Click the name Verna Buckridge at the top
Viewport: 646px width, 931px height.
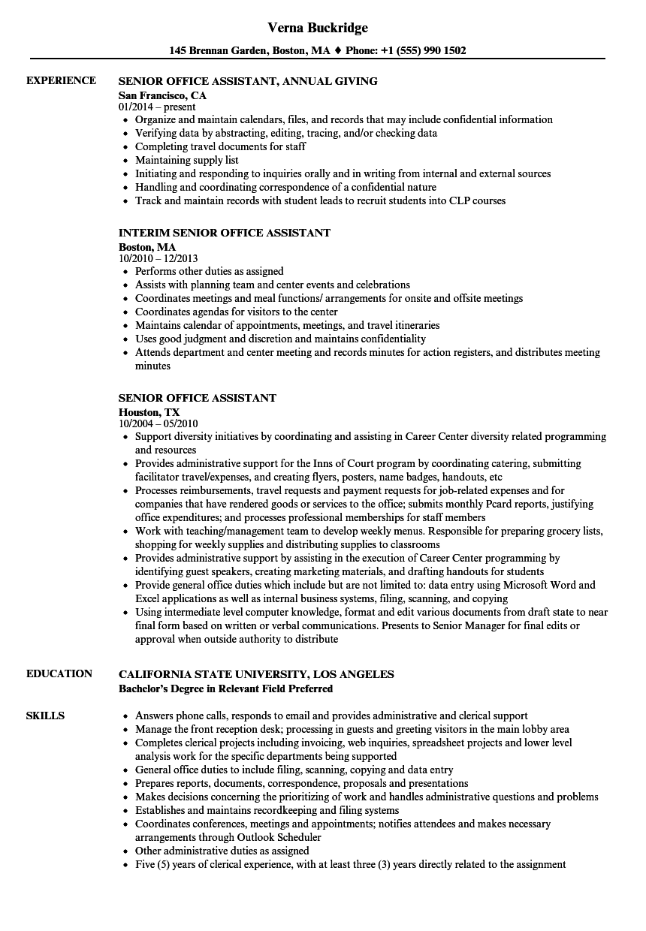point(318,28)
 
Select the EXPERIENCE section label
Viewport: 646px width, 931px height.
point(61,81)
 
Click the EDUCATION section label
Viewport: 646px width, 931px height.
point(59,674)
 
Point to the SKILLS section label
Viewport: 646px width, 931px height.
point(45,716)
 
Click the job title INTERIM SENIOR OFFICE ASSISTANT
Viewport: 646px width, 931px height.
point(225,234)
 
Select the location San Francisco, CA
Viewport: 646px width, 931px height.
point(162,95)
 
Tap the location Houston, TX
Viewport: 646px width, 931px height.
point(149,412)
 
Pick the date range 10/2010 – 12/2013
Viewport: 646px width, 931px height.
point(158,258)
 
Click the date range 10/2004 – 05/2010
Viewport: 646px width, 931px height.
point(158,423)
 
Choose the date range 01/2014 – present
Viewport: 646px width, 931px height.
point(157,107)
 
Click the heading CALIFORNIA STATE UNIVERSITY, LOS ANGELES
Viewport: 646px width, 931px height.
point(256,674)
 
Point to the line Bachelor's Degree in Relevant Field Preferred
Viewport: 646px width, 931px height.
point(225,688)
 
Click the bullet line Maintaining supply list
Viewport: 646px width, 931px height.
point(186,160)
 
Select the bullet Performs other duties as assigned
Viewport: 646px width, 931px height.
point(209,271)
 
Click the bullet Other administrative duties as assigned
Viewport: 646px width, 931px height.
point(222,851)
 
